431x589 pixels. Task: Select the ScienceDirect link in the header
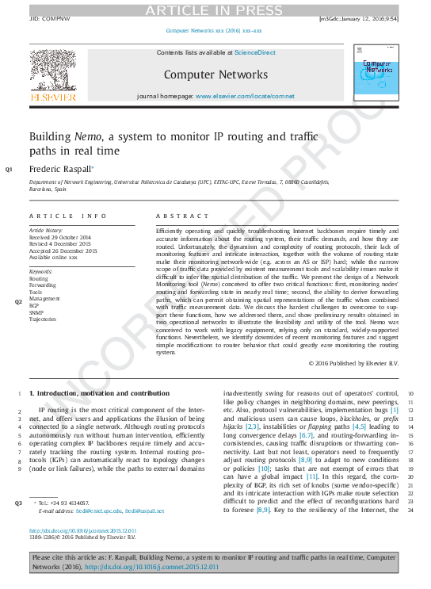(254, 53)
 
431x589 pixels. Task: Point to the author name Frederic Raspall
(60, 169)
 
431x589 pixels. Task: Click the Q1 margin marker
(9, 170)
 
